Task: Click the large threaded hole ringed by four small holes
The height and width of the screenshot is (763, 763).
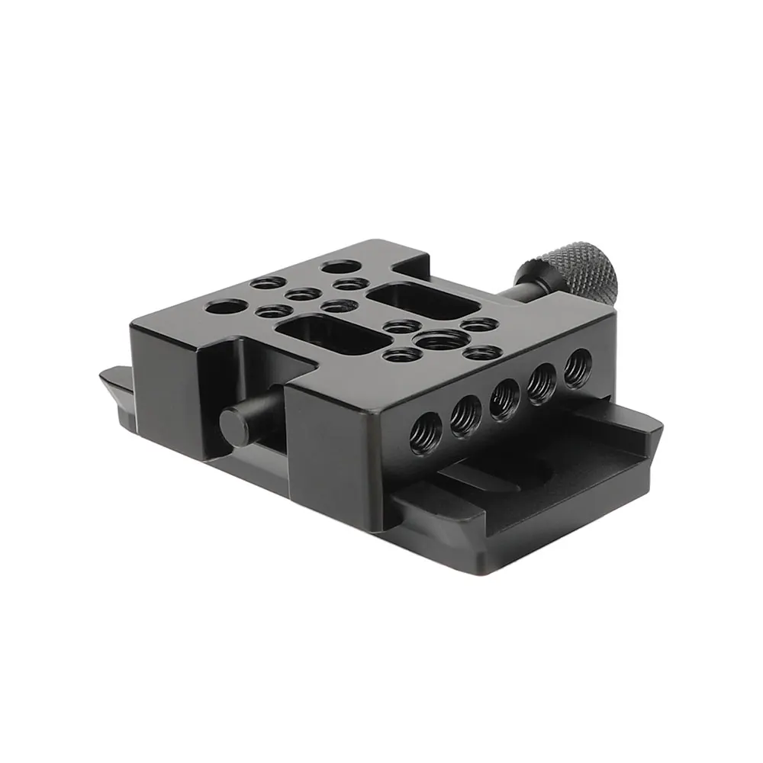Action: pyautogui.click(x=435, y=338)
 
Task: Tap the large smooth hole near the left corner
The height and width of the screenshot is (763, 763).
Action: pyautogui.click(x=224, y=308)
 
